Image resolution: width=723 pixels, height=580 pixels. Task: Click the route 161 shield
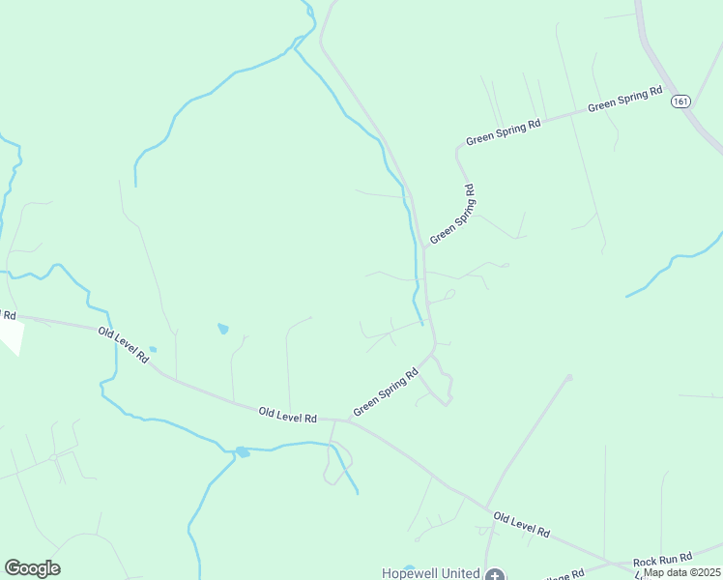682,101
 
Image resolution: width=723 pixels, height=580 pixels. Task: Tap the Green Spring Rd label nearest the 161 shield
624,100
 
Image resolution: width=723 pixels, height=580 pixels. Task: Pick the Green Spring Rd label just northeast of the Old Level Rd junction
385,392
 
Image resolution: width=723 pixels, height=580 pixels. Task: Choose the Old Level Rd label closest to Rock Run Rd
521,525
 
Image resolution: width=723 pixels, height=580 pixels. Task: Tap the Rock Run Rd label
662,560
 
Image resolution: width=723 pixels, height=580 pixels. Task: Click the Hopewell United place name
431,573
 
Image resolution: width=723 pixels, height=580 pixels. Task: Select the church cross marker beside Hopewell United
494,575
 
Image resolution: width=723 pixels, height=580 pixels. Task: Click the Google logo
32,568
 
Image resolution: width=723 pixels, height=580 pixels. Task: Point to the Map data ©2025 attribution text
682,572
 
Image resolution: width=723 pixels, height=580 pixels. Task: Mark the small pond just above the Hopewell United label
410,567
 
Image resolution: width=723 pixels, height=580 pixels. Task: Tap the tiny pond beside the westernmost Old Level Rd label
153,350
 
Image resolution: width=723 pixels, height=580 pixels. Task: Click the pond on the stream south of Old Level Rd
242,451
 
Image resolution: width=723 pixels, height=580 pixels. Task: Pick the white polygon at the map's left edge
9,333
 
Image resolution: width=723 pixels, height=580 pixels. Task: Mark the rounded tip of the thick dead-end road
569,377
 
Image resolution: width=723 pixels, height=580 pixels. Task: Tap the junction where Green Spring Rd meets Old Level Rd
349,421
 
